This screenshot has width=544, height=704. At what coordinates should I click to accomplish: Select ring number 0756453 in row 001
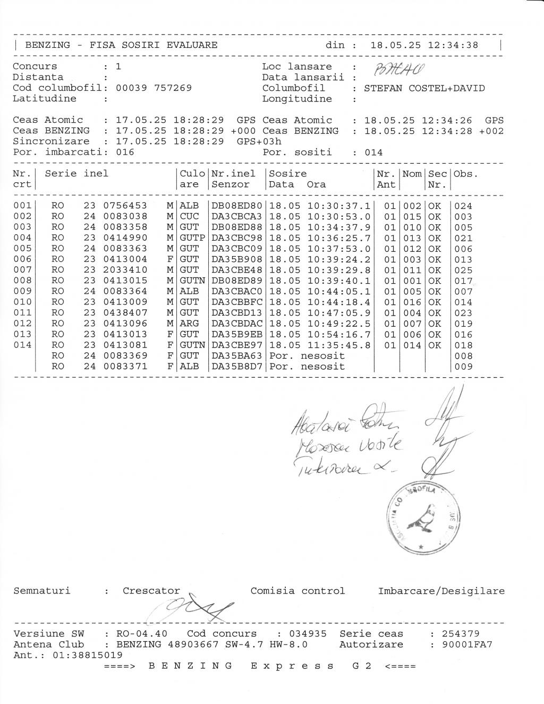tap(125, 206)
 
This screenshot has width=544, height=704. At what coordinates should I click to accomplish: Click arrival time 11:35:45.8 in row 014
tap(338, 345)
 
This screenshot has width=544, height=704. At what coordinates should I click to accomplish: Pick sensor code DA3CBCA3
tap(237, 216)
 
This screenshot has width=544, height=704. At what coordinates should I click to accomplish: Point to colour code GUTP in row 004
tap(192, 238)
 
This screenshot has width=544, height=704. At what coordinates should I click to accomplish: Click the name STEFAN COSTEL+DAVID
tap(424, 88)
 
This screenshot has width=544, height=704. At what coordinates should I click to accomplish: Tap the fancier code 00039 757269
tap(154, 88)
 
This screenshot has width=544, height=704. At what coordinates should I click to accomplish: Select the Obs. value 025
tap(463, 270)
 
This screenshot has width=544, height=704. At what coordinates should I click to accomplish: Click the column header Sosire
tap(288, 174)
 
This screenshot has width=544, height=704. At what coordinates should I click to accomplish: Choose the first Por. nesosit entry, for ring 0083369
tap(307, 355)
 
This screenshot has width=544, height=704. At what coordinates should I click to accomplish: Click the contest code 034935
tap(308, 633)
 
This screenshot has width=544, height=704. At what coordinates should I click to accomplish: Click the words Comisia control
tap(297, 591)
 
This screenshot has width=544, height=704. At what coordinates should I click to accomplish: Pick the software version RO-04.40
tap(141, 633)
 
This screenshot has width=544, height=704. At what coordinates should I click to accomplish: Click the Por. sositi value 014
tap(373, 152)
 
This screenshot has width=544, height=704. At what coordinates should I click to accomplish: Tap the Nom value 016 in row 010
tap(412, 302)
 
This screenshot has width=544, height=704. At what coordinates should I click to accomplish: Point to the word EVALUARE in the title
tap(192, 45)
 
